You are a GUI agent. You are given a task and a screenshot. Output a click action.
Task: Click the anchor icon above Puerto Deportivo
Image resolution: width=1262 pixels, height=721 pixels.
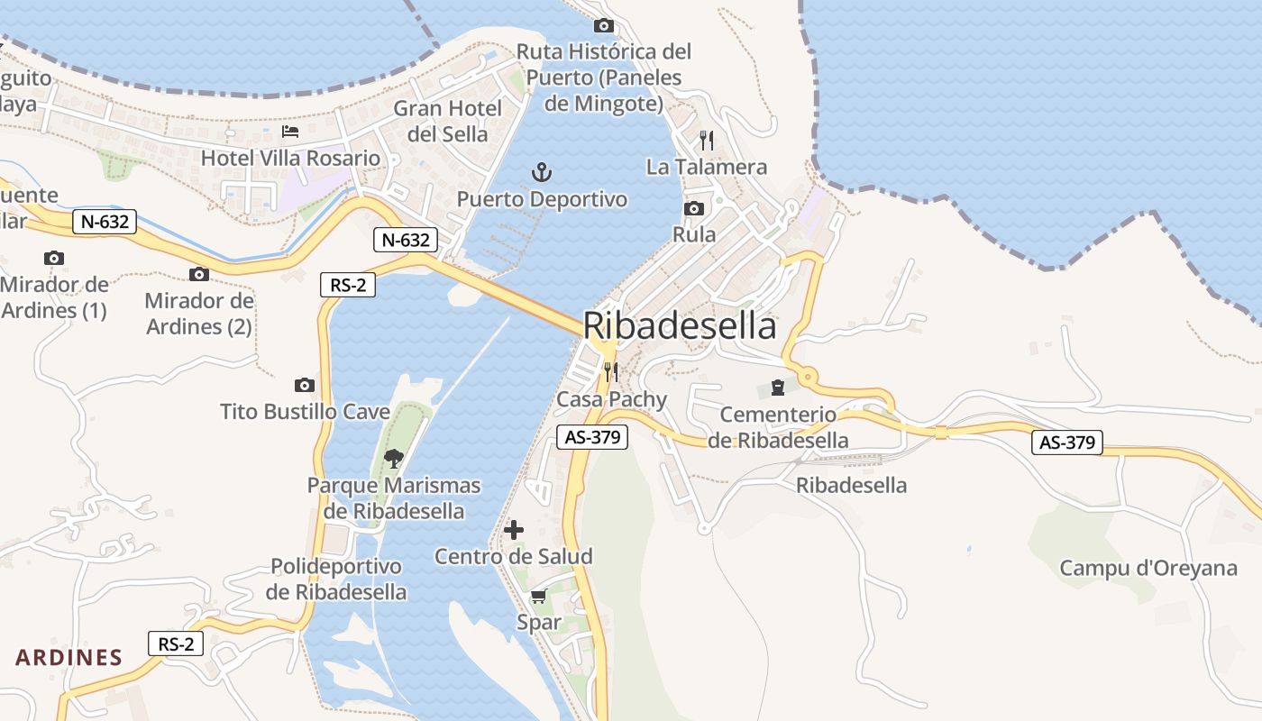pos(541,171)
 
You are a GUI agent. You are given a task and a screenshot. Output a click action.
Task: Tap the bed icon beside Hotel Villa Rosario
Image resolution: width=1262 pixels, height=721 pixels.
pos(290,132)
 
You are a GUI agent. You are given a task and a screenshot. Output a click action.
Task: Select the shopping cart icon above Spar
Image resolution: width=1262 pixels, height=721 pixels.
pos(539,596)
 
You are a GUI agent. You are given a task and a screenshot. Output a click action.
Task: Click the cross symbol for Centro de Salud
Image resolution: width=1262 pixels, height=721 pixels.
pos(514,530)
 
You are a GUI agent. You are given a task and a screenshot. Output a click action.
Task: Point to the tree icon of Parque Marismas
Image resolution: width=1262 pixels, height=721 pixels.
pos(393,459)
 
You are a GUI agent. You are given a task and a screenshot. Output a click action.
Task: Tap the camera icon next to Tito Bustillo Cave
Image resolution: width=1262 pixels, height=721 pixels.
pos(305,386)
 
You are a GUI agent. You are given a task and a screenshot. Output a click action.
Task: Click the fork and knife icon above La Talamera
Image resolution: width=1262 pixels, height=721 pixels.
pos(707,141)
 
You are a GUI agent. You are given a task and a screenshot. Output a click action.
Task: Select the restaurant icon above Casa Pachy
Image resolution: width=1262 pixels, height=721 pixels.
pos(611,372)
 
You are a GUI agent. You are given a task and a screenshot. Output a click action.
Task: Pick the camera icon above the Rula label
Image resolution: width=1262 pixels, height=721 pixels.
pos(694,209)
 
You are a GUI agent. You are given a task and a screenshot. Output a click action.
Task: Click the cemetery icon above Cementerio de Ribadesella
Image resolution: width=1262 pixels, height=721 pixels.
pos(778,388)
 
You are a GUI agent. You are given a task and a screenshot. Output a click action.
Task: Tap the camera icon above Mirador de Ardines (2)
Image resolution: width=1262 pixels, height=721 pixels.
pos(199,275)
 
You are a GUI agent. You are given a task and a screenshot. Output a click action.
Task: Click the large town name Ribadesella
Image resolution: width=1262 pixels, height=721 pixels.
pos(680,326)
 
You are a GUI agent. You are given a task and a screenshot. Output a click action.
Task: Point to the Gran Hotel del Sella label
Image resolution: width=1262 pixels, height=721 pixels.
pos(448,122)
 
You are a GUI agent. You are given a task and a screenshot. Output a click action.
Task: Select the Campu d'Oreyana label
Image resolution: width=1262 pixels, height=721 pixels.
pos(1148,569)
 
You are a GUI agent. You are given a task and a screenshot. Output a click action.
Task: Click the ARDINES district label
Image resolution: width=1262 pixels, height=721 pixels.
pos(69,657)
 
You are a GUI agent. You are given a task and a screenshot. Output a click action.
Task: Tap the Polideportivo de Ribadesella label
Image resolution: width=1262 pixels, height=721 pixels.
pos(336,580)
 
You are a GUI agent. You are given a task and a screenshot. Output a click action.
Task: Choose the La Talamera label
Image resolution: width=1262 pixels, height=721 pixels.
pos(707,167)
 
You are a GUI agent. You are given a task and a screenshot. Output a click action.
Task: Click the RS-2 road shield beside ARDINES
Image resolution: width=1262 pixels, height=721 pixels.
pos(176,643)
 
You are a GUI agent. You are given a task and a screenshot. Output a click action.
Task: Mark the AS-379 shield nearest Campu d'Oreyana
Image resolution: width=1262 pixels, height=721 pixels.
pos(1067,443)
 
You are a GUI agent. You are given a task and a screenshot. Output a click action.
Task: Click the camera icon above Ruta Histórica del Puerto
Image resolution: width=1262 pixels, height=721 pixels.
pos(604,25)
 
